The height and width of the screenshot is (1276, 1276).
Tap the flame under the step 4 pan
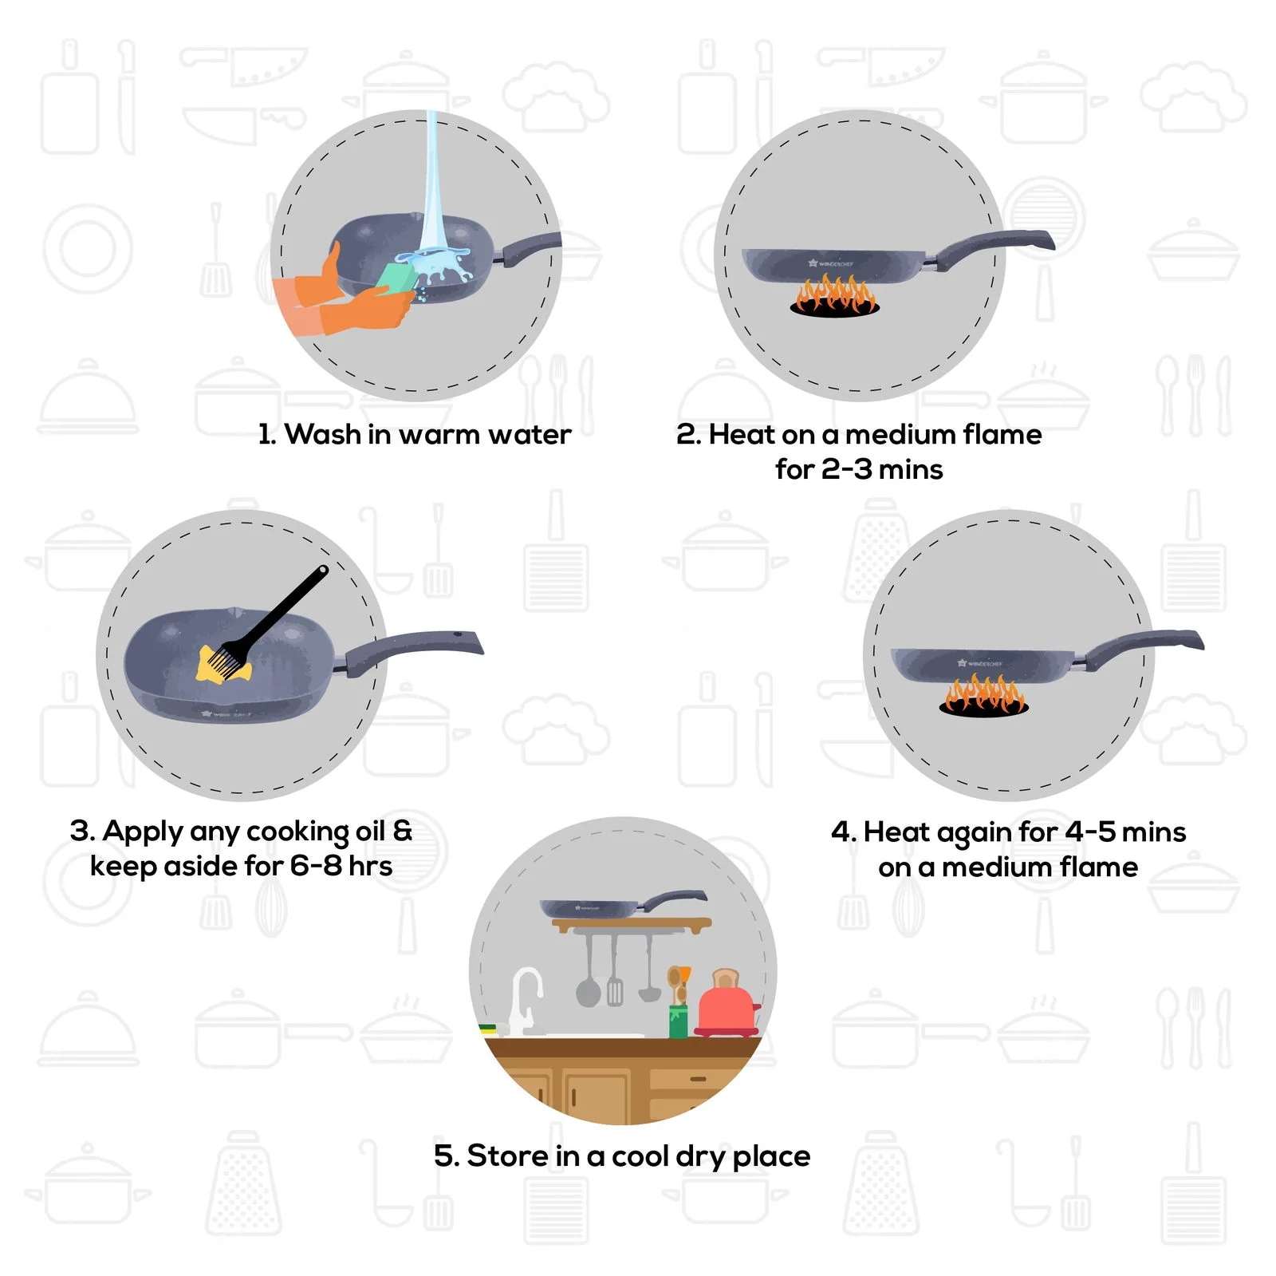click(x=984, y=694)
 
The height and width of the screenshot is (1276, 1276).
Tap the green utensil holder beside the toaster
click(x=678, y=1021)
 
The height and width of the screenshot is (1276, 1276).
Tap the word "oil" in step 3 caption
click(x=370, y=832)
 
